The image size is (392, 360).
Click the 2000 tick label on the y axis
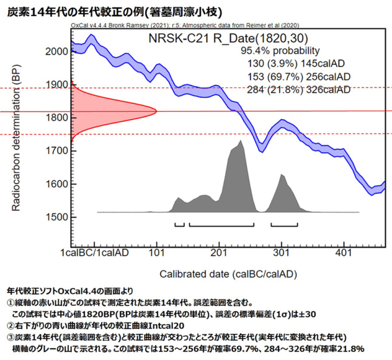56,51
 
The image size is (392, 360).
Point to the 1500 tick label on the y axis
56,217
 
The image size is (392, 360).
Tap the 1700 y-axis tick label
56,150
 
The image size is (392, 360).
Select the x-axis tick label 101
157,253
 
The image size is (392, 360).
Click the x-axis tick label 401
344,253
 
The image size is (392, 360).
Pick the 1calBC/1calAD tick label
95,253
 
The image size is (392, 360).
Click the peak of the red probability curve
155,110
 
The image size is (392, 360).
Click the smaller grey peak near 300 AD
282,176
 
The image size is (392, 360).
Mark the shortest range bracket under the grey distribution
179,225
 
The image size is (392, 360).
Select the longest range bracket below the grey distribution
222,225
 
